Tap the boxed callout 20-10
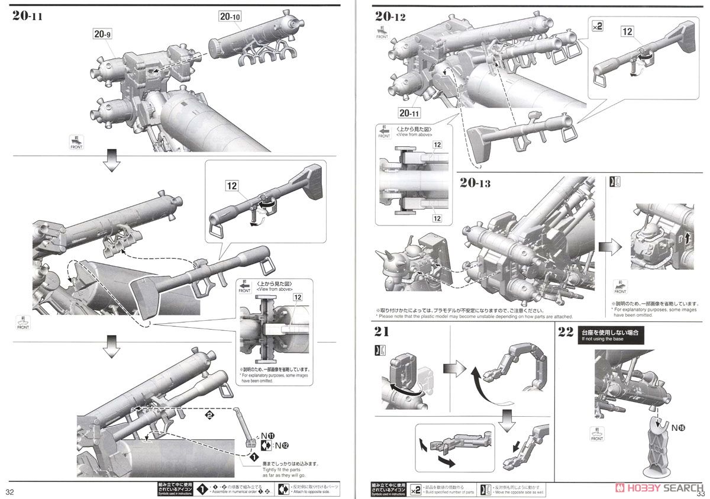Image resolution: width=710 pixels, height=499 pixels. (230, 17)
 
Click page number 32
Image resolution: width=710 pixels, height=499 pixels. (10, 492)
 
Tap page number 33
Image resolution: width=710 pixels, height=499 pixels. (702, 492)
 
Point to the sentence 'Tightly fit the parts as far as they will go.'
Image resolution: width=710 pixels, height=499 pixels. (282, 471)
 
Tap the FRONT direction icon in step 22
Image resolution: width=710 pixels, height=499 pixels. (597, 435)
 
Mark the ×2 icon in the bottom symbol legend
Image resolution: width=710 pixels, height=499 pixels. (415, 488)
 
